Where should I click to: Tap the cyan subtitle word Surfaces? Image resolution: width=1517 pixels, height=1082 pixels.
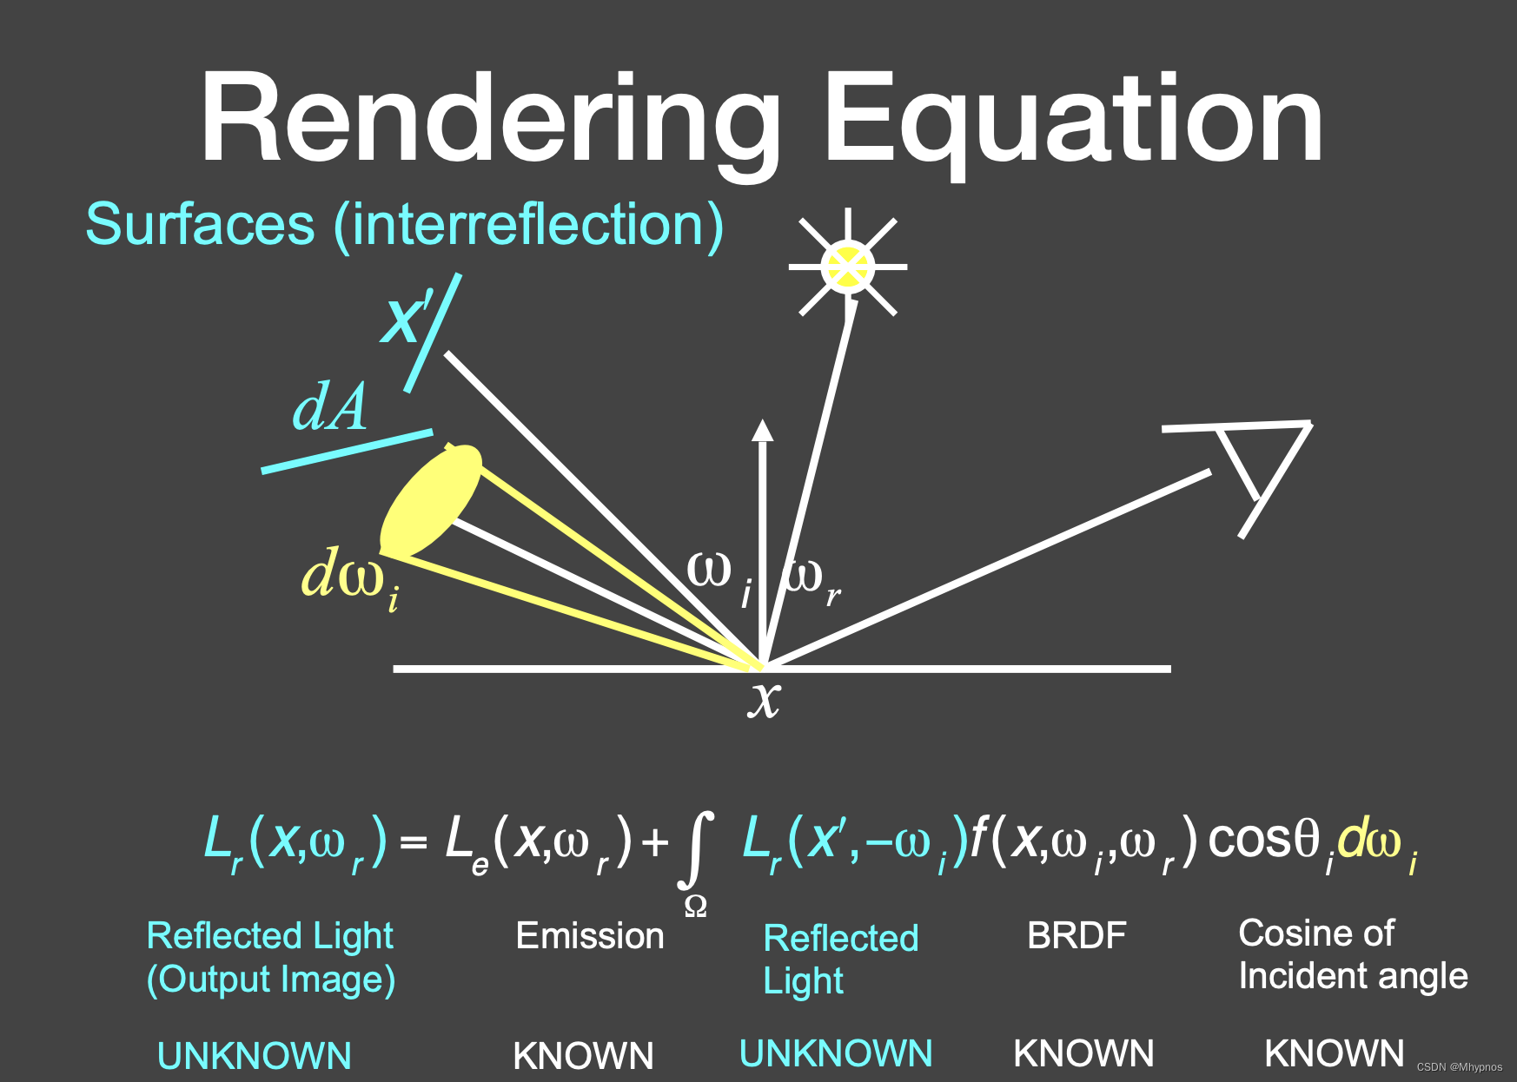coord(200,224)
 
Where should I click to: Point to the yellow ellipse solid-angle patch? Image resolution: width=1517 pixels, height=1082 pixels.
coord(432,501)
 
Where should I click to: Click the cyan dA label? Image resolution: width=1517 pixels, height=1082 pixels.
coord(329,407)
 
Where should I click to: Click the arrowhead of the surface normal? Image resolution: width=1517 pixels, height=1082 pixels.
coord(762,430)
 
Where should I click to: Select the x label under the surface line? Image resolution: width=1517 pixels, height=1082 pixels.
coord(765,699)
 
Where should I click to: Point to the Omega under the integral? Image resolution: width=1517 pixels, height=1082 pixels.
coord(696,907)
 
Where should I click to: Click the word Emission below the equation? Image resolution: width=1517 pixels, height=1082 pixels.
coord(589,936)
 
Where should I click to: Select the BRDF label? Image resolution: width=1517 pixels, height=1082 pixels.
coord(1076,936)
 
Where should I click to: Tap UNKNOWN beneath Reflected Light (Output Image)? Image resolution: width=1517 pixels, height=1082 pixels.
coord(254,1056)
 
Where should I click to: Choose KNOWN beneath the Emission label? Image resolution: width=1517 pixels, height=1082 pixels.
coord(583,1056)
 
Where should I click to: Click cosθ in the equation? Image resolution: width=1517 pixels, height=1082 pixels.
coord(1264,840)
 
